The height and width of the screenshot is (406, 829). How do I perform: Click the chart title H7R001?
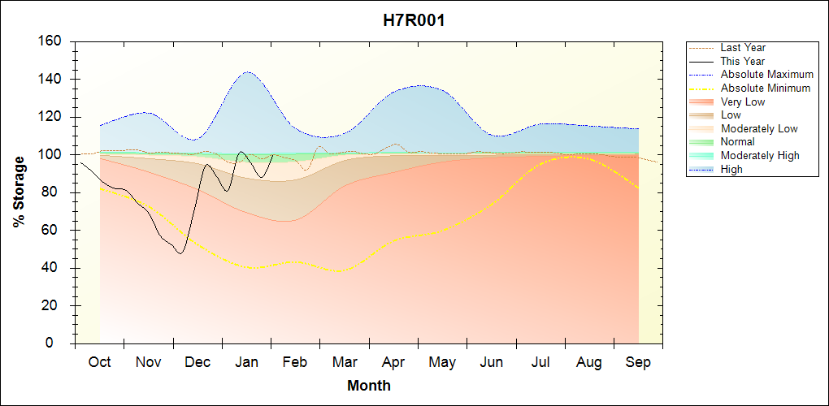click(x=414, y=20)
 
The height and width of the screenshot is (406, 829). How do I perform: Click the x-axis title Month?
click(x=369, y=386)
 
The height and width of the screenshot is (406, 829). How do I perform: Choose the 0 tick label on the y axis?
click(x=61, y=344)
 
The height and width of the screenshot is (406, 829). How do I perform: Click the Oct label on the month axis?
click(x=100, y=362)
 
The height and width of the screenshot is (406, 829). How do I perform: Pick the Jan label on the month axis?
click(x=246, y=362)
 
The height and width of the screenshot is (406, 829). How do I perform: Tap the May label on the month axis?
click(x=442, y=362)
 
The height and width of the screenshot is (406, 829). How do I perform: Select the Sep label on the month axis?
click(x=638, y=362)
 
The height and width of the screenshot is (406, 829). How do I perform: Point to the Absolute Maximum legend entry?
click(x=766, y=75)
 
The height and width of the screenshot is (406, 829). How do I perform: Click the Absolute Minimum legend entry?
click(x=765, y=89)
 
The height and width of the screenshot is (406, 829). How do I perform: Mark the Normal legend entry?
click(x=737, y=142)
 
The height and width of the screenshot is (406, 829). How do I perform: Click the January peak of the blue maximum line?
click(x=246, y=71)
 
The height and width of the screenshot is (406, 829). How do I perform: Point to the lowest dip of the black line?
click(x=180, y=253)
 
